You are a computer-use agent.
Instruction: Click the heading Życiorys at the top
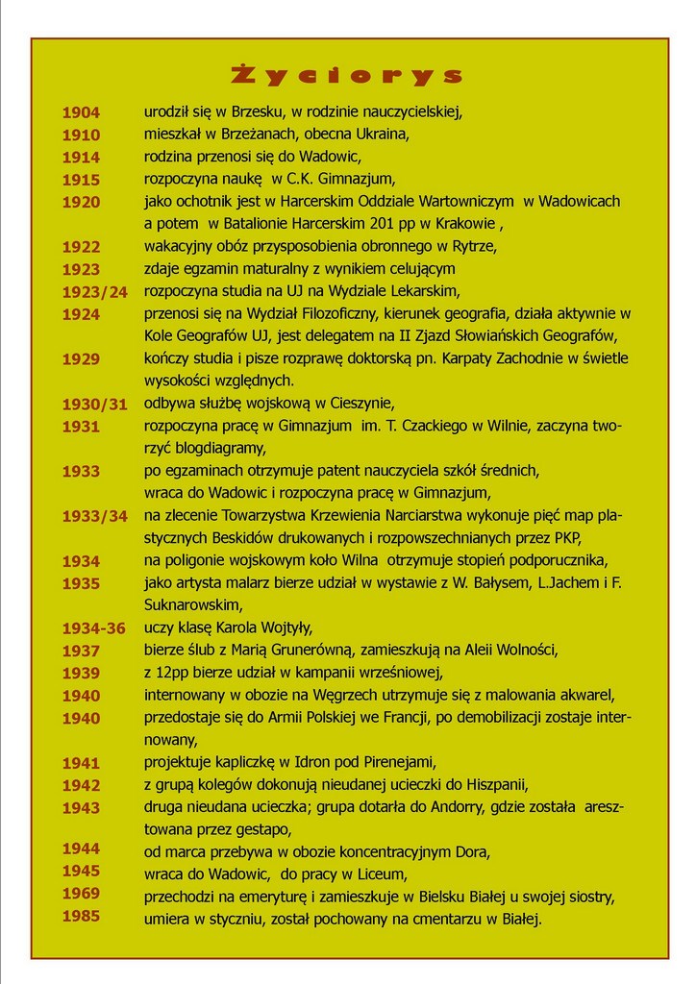[348, 76]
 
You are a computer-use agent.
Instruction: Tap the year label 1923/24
[95, 292]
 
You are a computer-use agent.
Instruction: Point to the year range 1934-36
[94, 628]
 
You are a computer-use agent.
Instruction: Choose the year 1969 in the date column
[82, 894]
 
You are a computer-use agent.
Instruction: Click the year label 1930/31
[95, 404]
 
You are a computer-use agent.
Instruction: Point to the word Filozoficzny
[340, 313]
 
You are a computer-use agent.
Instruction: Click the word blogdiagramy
[221, 448]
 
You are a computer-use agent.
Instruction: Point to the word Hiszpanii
[496, 784]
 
